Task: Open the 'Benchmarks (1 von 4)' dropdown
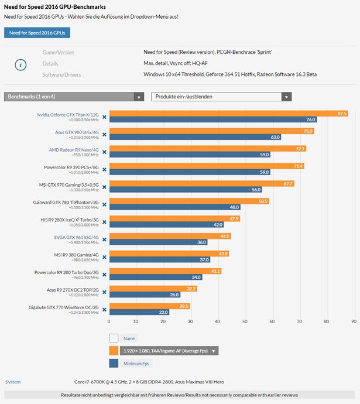(74, 97)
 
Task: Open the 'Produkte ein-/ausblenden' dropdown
(221, 97)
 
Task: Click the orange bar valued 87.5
(229, 113)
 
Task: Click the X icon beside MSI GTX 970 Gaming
(104, 187)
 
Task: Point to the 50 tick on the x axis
(245, 321)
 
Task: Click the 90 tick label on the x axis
(354, 321)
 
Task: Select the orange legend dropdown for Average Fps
(169, 351)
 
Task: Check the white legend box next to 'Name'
(114, 338)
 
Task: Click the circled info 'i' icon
(20, 64)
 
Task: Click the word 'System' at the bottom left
(13, 382)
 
